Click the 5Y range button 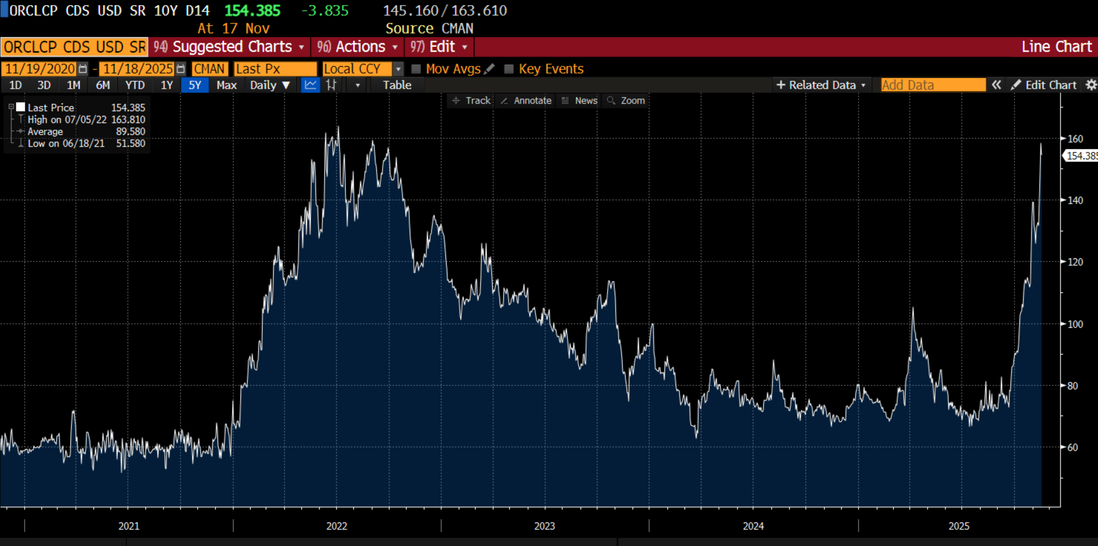coord(195,85)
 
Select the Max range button coord(226,85)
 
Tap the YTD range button coord(135,85)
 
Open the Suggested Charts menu coord(230,47)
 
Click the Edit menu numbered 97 coord(440,47)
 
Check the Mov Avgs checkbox coord(416,69)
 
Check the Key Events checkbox coord(509,69)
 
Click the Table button coord(397,85)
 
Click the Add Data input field coord(933,85)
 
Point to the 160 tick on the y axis coord(1075,139)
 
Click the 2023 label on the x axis coord(545,526)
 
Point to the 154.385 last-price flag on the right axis coord(1081,156)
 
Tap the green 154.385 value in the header coord(252,11)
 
